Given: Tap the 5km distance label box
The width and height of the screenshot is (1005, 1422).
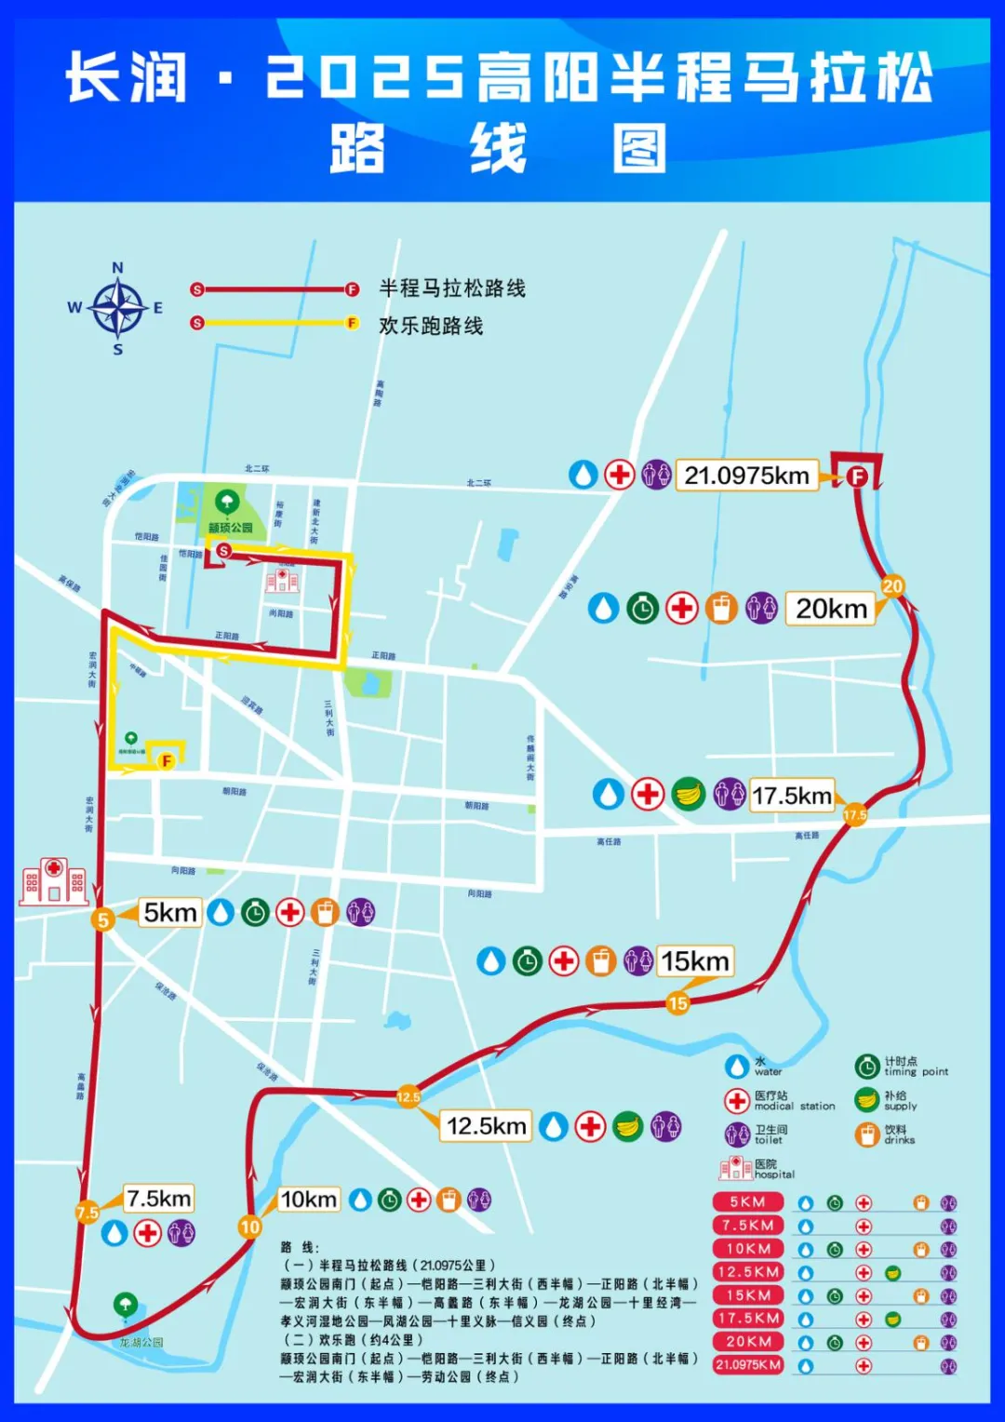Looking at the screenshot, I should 169,912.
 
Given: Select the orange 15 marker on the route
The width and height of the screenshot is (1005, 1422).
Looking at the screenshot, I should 677,1003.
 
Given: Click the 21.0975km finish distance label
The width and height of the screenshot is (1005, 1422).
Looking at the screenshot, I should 746,476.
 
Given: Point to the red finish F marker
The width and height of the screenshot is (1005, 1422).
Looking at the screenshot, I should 856,477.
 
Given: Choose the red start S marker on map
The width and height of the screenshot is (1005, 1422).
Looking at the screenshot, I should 223,551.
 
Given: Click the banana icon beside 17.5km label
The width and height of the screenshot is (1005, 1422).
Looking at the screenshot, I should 689,794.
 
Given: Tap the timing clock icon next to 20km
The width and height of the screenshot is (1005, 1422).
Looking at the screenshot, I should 642,609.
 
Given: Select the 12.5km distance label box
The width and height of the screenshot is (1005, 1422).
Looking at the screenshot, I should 486,1126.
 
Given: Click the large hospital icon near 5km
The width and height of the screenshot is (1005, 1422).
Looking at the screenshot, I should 54,881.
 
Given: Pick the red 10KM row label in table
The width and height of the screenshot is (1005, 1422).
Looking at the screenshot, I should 748,1249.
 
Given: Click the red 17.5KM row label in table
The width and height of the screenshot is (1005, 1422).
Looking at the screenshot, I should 748,1319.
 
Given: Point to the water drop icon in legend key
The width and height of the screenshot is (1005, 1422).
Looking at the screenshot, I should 737,1066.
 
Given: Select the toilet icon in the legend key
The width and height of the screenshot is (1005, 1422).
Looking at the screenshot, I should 737,1134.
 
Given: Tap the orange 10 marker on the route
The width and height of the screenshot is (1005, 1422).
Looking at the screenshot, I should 249,1227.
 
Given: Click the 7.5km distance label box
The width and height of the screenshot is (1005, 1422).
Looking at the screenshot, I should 159,1198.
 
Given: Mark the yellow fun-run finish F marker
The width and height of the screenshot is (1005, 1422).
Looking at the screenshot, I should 167,760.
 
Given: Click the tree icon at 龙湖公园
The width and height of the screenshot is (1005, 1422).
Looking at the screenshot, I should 125,1305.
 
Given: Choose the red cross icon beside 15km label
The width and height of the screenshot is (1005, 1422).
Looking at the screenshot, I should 564,960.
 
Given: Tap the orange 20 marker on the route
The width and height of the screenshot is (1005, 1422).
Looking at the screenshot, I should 892,586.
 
